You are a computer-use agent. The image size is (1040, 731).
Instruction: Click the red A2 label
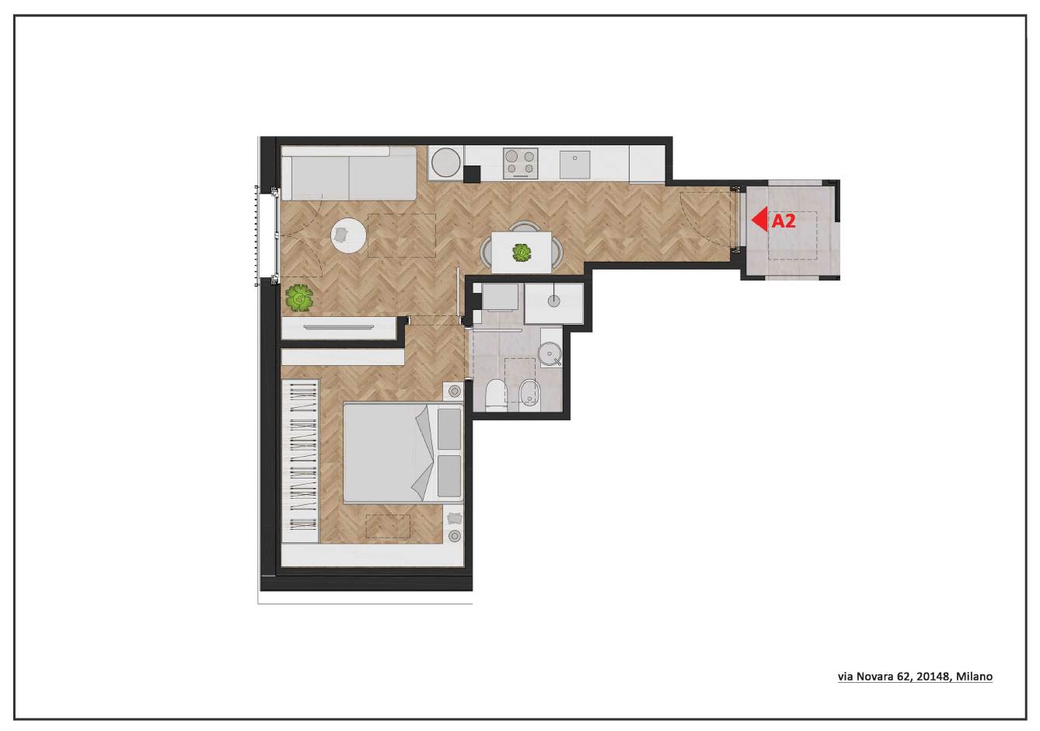(783, 221)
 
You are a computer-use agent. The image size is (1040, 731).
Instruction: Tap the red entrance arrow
(759, 219)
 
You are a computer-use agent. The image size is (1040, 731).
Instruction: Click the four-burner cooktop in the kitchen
(521, 163)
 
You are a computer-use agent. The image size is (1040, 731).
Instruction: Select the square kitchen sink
(574, 165)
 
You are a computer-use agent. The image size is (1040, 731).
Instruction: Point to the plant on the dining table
(522, 253)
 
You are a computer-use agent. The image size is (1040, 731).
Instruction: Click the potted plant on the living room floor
(299, 298)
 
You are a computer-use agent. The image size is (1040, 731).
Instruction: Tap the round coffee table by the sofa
(349, 235)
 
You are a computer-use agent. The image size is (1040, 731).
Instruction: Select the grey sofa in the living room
(349, 172)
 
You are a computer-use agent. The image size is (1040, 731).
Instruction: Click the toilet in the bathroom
(495, 395)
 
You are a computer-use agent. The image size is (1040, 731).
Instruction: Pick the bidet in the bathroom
(528, 394)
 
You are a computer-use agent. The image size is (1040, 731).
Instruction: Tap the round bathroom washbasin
(550, 353)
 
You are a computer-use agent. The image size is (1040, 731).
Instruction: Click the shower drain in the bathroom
(553, 301)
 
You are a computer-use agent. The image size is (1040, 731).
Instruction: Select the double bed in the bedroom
(403, 453)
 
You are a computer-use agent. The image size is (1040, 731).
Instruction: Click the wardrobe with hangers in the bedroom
(300, 461)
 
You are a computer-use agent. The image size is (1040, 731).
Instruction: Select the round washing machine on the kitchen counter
(446, 162)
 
